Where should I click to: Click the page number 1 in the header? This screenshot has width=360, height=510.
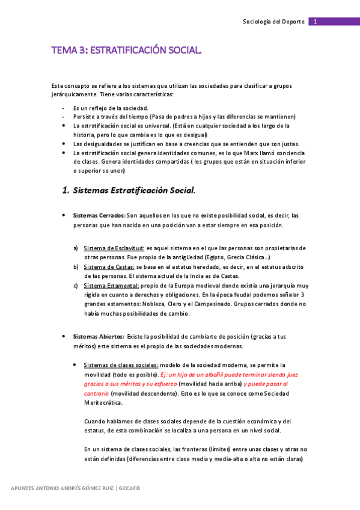[315, 22]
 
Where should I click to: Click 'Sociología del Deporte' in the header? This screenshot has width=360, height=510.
[273, 22]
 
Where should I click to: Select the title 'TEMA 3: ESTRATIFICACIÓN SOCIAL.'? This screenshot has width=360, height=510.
[126, 52]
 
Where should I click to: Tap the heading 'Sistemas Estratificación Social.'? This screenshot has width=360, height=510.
[134, 191]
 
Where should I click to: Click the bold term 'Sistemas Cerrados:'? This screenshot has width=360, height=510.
[99, 215]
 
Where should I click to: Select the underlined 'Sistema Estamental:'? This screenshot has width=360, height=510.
[111, 285]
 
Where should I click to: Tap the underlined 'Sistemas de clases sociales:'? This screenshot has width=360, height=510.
[121, 364]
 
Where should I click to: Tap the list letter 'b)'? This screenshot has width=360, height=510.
[76, 266]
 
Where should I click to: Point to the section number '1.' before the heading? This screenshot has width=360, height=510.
[66, 191]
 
